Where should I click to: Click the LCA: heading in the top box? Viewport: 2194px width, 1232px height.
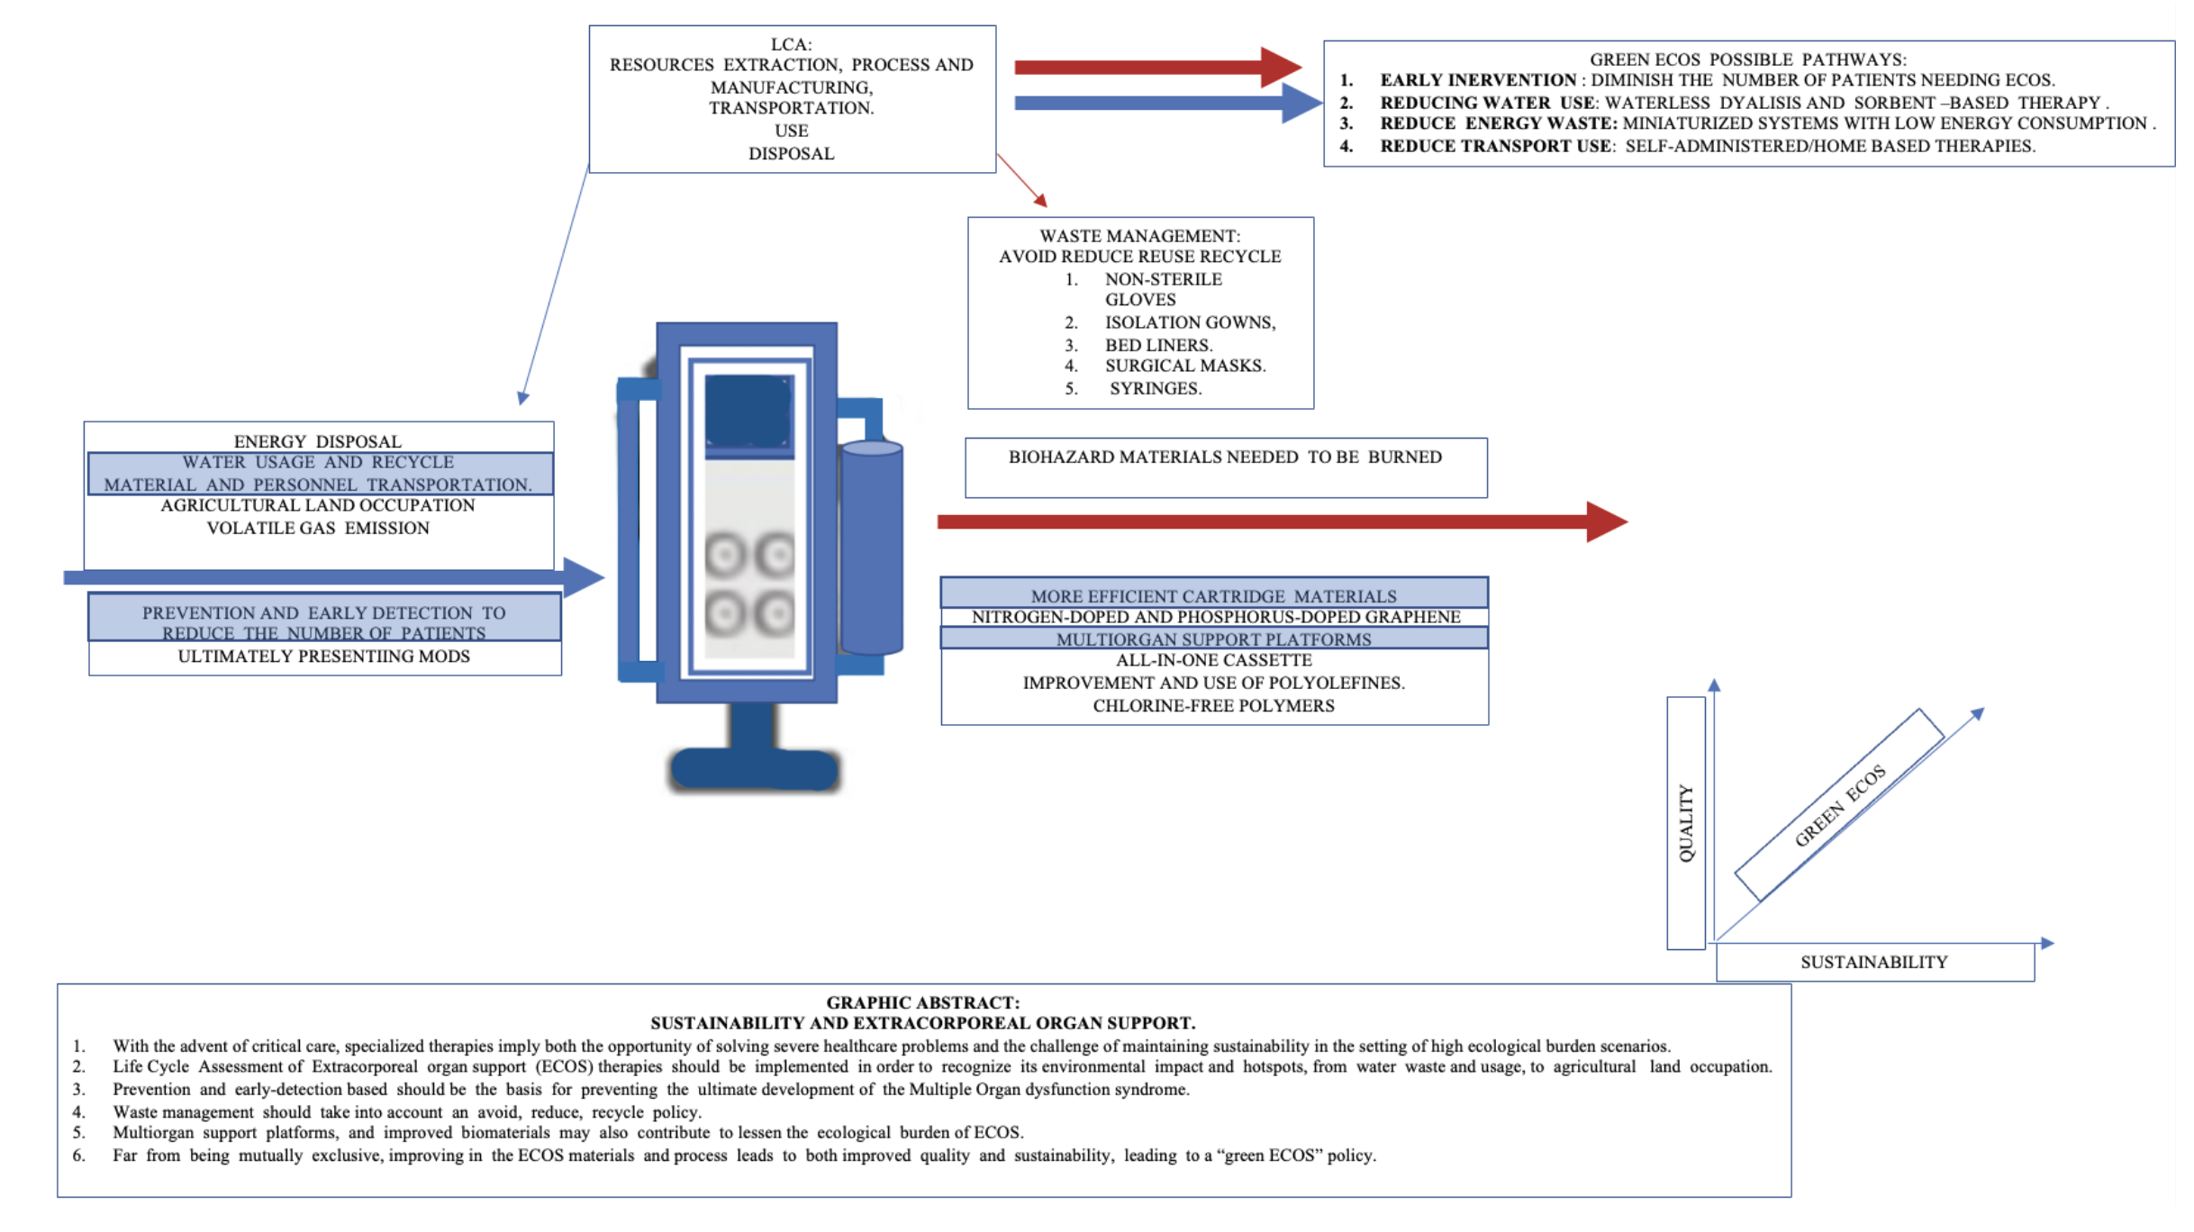click(x=791, y=44)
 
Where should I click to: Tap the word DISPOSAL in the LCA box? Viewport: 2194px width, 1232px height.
click(x=791, y=154)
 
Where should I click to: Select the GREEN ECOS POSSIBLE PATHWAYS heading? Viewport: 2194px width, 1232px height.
click(x=1747, y=59)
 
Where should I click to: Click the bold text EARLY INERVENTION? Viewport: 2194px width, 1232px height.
click(x=1478, y=81)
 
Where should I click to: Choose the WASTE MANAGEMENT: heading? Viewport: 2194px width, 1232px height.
click(x=1139, y=236)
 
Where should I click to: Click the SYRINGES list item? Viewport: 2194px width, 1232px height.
click(x=1156, y=389)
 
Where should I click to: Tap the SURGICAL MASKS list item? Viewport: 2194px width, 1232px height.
click(x=1185, y=367)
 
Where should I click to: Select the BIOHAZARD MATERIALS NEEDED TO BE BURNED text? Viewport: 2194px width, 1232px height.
click(x=1225, y=457)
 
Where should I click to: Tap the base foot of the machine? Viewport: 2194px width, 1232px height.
click(x=755, y=768)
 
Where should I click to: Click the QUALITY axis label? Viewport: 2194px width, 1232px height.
click(x=1686, y=822)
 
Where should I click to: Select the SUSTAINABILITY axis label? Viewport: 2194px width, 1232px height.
click(x=1873, y=963)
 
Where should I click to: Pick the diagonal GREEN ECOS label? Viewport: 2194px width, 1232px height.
click(x=1839, y=805)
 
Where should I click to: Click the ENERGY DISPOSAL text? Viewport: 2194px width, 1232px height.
click(x=318, y=442)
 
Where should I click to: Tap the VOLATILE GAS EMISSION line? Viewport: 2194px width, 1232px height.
click(x=318, y=529)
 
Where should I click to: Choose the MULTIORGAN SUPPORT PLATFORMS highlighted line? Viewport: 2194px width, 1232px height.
click(x=1213, y=639)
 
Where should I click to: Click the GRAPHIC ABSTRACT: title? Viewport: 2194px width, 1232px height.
click(x=922, y=1003)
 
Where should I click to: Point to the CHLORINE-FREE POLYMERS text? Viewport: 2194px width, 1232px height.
click(x=1213, y=706)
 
